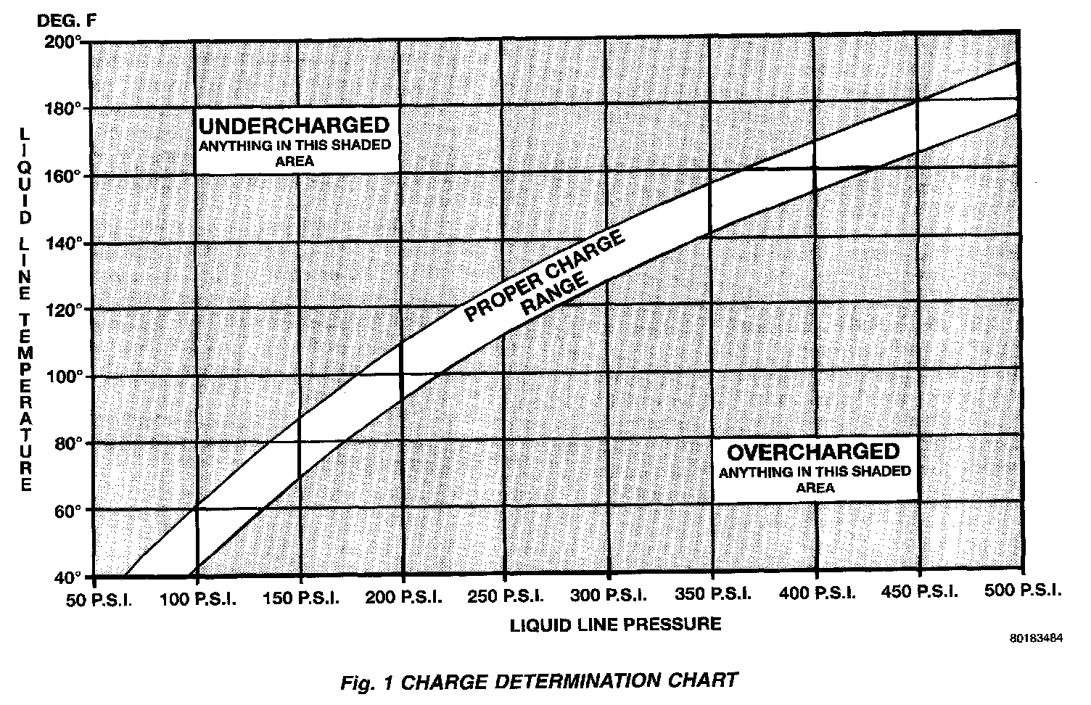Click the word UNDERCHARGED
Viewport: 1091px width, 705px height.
pos(294,125)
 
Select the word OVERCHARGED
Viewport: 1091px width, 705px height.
pos(813,453)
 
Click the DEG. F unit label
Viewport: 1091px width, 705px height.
pos(65,20)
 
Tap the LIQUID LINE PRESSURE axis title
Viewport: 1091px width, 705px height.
pos(616,624)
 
